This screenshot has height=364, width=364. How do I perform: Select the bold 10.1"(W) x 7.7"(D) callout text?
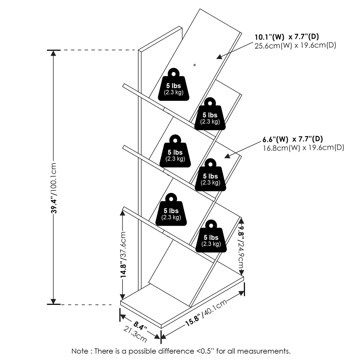point(287,37)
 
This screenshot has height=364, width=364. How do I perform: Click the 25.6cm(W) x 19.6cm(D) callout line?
point(295,46)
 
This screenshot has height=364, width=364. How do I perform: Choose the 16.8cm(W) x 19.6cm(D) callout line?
point(303,148)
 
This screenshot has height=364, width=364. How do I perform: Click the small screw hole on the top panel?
point(194,64)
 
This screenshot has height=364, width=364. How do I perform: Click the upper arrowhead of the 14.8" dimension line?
point(122,211)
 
